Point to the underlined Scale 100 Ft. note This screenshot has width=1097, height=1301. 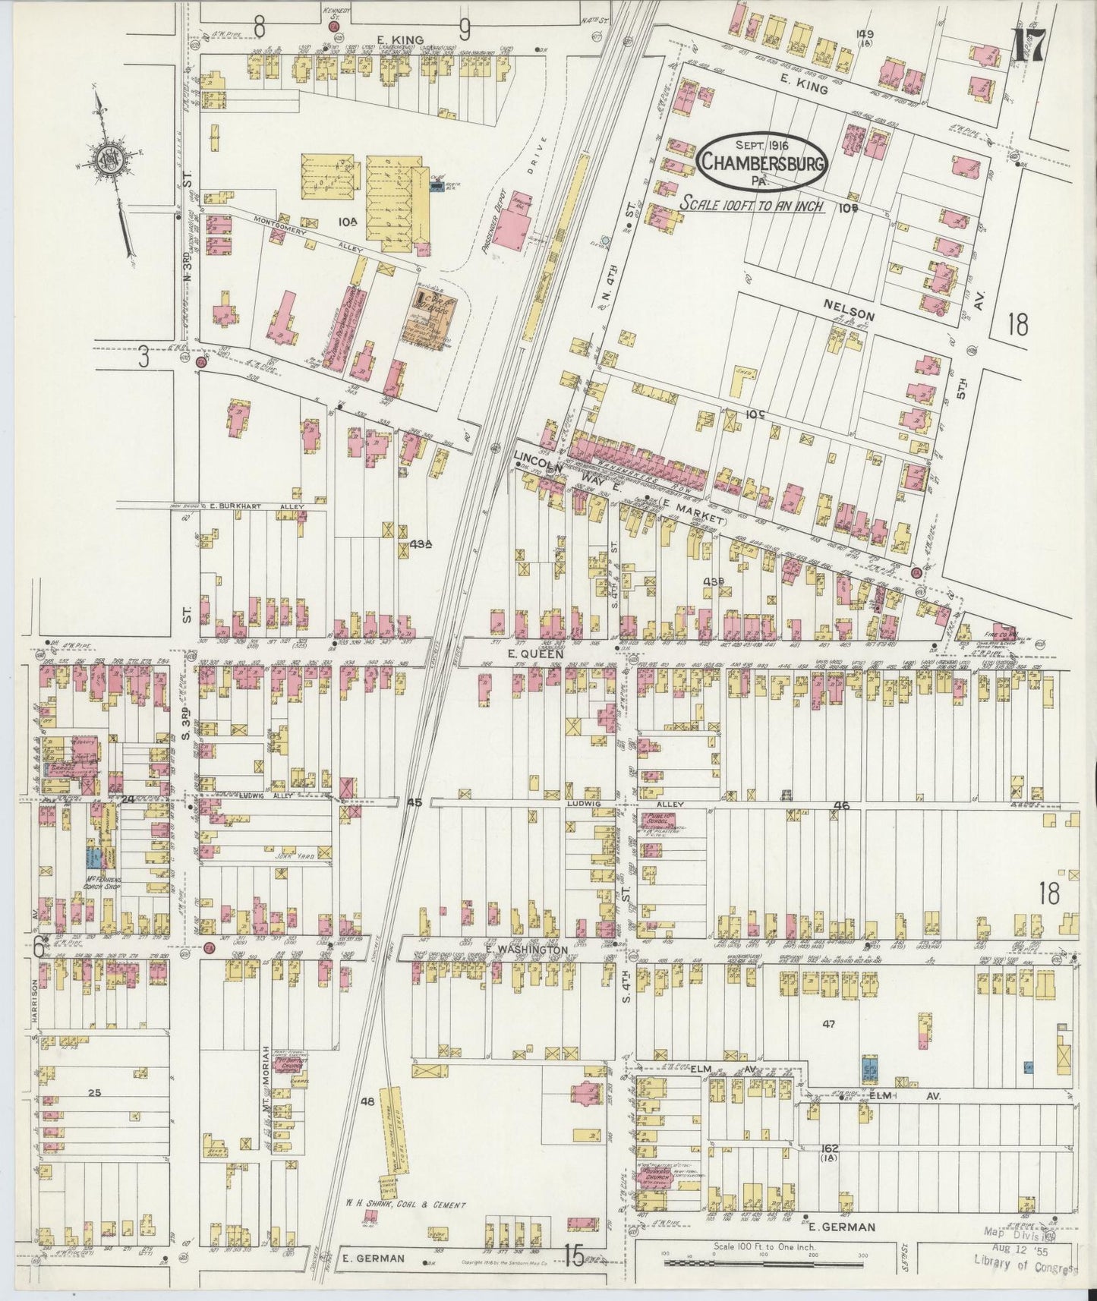click(752, 205)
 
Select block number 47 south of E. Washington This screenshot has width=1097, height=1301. click(828, 1024)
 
